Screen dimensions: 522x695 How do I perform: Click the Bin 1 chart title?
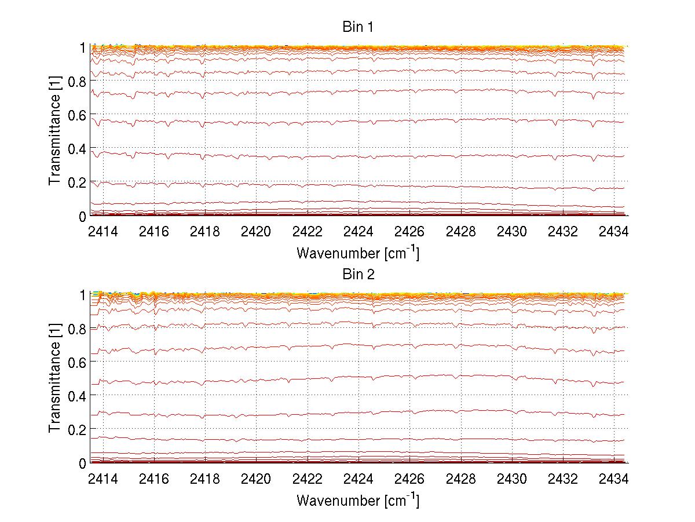pyautogui.click(x=357, y=27)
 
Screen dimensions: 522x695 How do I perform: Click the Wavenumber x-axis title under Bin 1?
pyautogui.click(x=357, y=253)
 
